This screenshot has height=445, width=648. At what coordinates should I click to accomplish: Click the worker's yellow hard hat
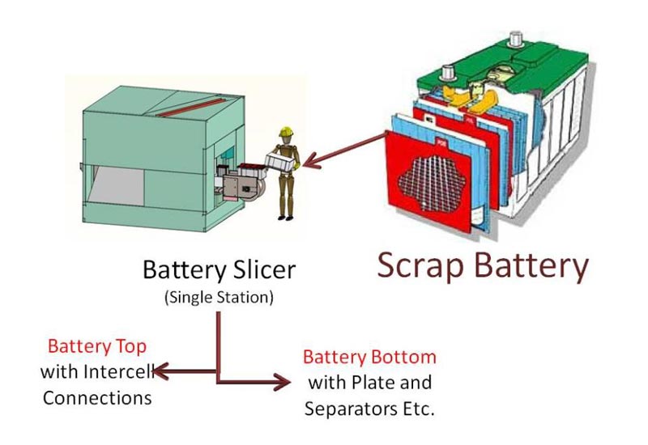(284, 132)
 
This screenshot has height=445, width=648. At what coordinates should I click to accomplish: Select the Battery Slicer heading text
(219, 269)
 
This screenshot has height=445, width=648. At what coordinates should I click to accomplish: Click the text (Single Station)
(219, 298)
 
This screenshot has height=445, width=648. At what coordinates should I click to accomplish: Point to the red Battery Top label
(96, 346)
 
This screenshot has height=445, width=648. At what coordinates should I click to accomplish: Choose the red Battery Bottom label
(369, 357)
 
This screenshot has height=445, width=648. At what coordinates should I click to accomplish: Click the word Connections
(96, 398)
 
